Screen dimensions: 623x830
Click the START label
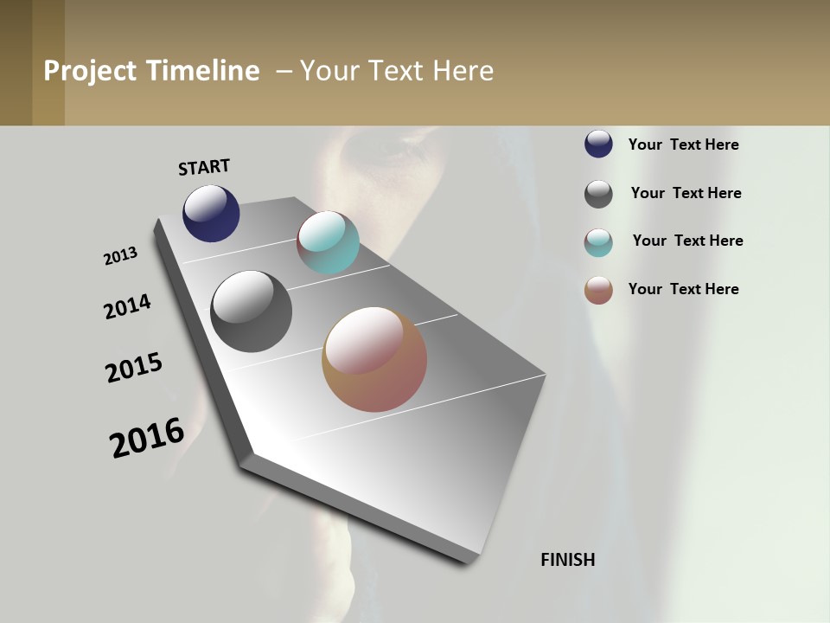tap(204, 167)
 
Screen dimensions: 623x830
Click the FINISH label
tap(567, 560)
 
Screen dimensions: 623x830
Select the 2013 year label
tap(121, 256)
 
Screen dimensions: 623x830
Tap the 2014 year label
tap(128, 306)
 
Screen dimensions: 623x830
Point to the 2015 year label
tap(134, 368)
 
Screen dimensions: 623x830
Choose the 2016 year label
tap(147, 438)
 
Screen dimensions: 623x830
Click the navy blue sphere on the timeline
tap(211, 213)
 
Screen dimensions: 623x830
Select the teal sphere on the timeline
tap(328, 242)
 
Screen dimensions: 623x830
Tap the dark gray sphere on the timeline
tap(251, 311)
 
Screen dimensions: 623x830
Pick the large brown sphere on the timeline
tap(374, 359)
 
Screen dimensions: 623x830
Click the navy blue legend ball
tap(598, 144)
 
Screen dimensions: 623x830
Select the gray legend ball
tap(598, 194)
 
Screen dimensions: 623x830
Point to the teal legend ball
tap(598, 242)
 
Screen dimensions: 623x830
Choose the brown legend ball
tap(598, 290)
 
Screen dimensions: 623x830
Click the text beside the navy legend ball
tap(683, 145)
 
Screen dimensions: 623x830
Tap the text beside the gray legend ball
tap(686, 193)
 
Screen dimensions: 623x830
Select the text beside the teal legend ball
tap(687, 241)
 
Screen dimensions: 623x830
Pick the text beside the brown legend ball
tap(683, 289)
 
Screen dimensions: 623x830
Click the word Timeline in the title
tap(202, 71)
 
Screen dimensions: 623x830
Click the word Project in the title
tap(91, 71)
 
